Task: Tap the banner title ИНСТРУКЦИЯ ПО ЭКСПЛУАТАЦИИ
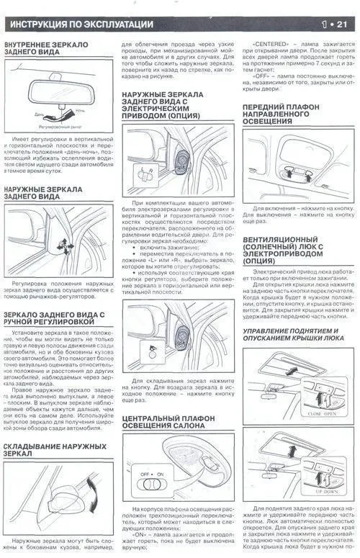click(87, 26)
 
